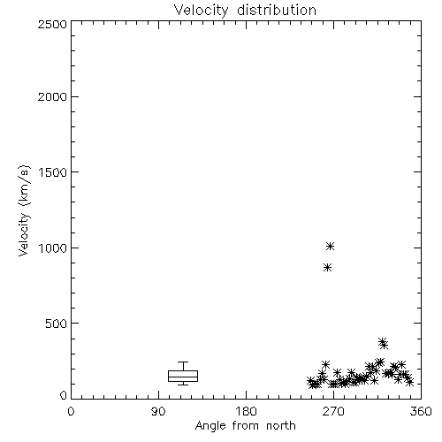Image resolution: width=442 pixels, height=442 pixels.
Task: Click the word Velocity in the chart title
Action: (x=201, y=11)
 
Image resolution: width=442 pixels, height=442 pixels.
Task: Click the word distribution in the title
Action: (x=277, y=10)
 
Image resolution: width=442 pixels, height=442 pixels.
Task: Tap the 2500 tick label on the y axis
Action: (x=52, y=24)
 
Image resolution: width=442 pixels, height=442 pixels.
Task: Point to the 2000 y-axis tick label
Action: (x=52, y=96)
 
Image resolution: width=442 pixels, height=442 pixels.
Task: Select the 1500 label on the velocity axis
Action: (x=53, y=172)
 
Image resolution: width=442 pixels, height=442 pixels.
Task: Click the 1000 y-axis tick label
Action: (x=53, y=248)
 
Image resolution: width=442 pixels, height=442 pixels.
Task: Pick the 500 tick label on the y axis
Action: (x=57, y=324)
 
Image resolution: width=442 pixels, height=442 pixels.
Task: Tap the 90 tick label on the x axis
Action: (x=158, y=411)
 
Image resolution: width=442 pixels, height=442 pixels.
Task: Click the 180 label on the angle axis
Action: (x=246, y=411)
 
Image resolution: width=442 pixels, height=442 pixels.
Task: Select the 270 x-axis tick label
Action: (x=333, y=411)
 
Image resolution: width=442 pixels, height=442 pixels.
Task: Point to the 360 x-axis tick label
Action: (x=421, y=411)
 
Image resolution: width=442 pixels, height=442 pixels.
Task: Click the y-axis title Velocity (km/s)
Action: (x=24, y=210)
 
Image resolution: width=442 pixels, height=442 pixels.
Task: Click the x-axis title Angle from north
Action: (x=245, y=426)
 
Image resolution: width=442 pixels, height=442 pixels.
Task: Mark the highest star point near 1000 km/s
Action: (x=330, y=246)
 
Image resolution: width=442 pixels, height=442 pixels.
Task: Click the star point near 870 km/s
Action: (x=327, y=267)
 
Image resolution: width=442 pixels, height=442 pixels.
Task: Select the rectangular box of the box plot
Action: (x=183, y=370)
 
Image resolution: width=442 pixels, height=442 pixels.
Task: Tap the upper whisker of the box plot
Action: (x=183, y=366)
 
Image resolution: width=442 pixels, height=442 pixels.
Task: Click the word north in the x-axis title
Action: (x=280, y=426)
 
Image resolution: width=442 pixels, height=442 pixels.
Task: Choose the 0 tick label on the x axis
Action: (x=71, y=411)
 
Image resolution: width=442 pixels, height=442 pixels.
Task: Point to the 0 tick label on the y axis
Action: (x=64, y=395)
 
